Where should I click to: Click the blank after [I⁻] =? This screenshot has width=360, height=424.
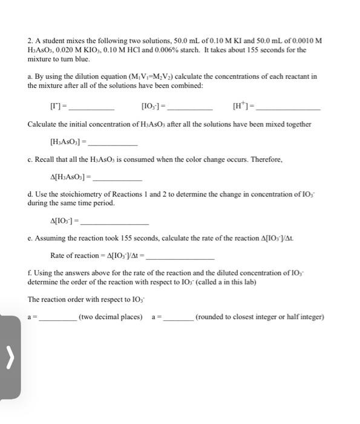93,107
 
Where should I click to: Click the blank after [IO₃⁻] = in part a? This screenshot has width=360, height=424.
189,107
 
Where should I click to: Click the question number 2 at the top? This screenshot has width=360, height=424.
30,41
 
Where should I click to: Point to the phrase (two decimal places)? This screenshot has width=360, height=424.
111,317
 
